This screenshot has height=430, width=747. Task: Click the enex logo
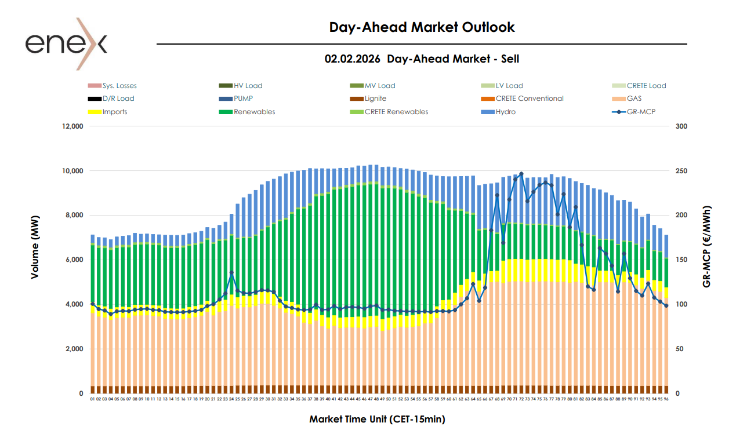pos(66,43)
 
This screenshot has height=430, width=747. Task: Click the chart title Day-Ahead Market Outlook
pos(422,27)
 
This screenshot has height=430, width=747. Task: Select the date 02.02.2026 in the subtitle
pos(352,59)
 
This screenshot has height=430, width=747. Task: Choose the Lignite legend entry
pos(375,99)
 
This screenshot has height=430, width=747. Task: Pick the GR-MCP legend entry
pos(641,111)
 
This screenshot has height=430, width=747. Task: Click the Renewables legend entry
pos(254,111)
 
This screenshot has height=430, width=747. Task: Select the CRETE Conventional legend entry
pos(530,99)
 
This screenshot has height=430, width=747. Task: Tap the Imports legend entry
pos(114,111)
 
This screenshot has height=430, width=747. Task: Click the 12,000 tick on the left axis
pos(73,126)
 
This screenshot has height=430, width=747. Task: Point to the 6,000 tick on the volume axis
pos(75,260)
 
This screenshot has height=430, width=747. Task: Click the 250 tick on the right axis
pos(682,171)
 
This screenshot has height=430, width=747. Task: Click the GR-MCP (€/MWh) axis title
pos(706,246)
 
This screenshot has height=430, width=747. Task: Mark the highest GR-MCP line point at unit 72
pos(521,174)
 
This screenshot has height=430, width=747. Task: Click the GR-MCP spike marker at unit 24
pos(231,272)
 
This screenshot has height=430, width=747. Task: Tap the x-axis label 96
pos(666,399)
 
